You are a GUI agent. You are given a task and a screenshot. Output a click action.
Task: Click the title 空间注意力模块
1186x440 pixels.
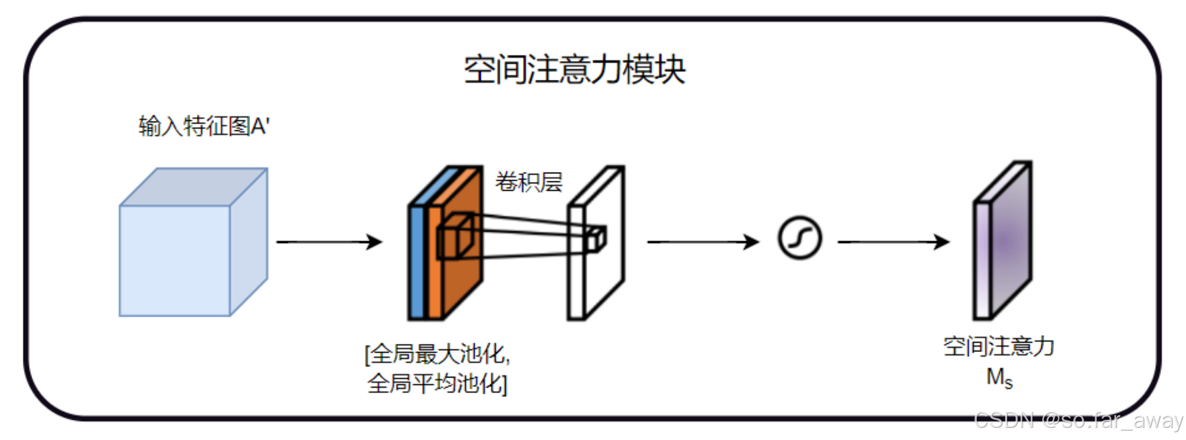click(574, 70)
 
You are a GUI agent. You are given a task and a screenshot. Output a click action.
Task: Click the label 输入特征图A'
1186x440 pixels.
click(204, 126)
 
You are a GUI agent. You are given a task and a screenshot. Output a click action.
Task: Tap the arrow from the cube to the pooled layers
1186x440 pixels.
click(329, 242)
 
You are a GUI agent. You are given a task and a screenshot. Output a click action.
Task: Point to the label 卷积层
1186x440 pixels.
click(528, 182)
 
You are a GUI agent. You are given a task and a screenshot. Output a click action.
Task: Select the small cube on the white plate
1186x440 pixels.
click(595, 239)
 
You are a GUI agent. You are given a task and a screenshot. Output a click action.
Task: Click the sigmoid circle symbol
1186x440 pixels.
click(799, 238)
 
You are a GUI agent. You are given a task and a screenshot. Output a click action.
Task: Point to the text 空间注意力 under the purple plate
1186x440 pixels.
click(998, 347)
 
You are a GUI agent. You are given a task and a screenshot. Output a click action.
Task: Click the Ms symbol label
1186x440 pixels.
click(999, 378)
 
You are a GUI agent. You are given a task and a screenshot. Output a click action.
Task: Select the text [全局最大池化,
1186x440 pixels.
click(437, 354)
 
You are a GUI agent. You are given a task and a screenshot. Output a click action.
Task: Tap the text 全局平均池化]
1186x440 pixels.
click(437, 384)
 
